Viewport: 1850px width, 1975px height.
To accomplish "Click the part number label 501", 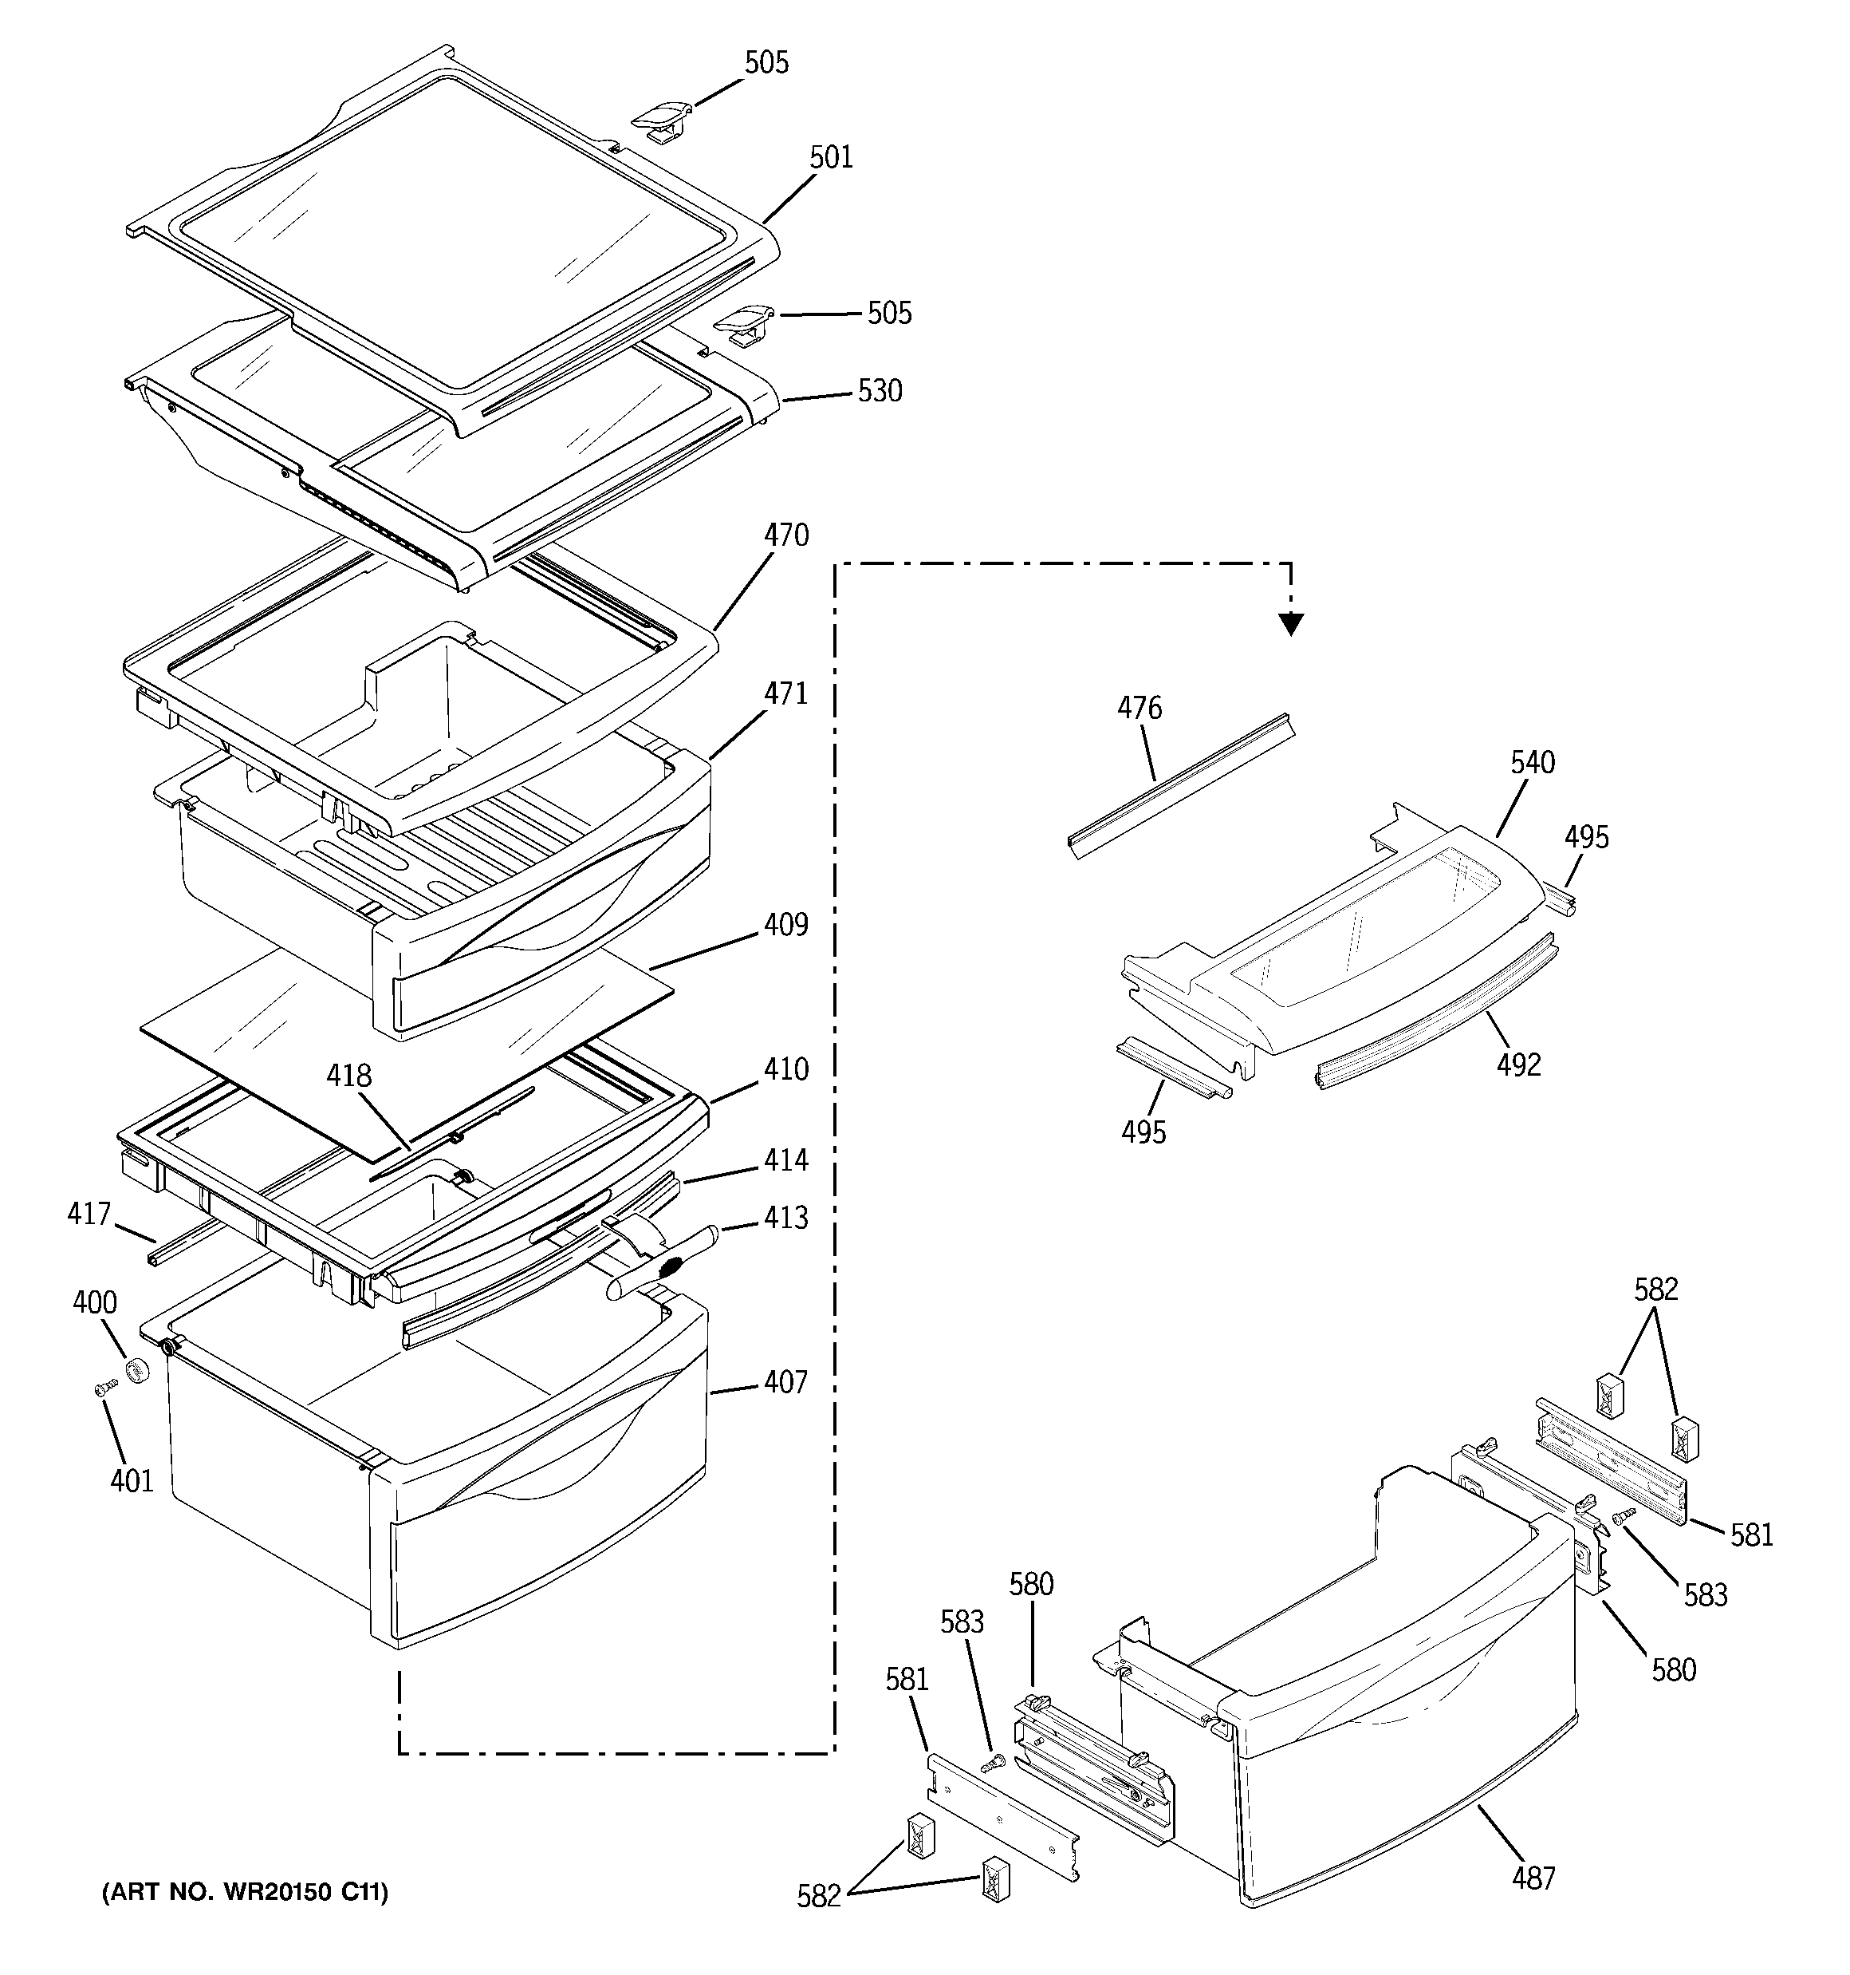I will [x=831, y=157].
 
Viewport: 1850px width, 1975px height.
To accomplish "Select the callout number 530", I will [x=880, y=390].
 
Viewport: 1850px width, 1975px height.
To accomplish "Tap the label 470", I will [x=785, y=535].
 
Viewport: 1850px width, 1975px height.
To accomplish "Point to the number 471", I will [x=785, y=693].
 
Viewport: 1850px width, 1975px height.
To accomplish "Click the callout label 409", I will [x=785, y=924].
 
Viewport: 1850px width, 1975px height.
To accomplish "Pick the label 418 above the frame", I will [x=349, y=1075].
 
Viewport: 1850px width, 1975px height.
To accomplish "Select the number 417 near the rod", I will [x=89, y=1213].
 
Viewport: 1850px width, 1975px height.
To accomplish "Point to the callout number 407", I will [x=785, y=1382].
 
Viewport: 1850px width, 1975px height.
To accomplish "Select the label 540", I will [x=1533, y=762].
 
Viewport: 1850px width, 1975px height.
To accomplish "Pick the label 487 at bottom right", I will [x=1533, y=1878].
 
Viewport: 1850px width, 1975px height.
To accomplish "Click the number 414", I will [x=785, y=1159].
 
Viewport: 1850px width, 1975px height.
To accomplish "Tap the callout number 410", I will [x=785, y=1070].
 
